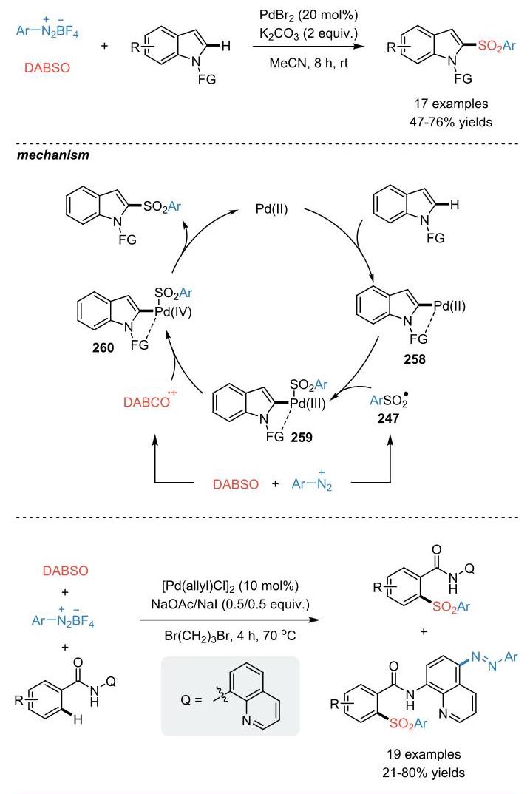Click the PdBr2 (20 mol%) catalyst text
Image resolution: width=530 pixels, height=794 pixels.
309,15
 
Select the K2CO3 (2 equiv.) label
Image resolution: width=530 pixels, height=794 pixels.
309,34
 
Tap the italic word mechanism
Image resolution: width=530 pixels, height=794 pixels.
53,155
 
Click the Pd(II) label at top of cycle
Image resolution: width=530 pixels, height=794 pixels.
271,208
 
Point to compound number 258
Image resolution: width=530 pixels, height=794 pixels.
415,359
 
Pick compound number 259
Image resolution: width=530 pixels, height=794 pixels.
302,437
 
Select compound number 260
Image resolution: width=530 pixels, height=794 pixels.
103,347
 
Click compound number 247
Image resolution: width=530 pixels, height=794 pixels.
388,418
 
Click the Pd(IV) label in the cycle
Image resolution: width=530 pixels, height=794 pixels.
173,312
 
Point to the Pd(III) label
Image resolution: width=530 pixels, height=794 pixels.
308,404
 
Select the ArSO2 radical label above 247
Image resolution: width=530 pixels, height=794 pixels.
389,401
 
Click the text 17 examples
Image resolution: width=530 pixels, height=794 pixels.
451,104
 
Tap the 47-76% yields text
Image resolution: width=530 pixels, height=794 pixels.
451,122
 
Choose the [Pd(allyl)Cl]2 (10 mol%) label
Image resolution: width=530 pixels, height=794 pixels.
231,586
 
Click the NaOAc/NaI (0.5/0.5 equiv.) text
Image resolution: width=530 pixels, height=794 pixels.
231,604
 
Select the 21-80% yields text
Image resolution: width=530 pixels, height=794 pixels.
424,773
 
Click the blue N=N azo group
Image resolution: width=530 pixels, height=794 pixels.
484,661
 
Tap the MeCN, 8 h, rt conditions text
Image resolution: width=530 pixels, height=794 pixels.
309,64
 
